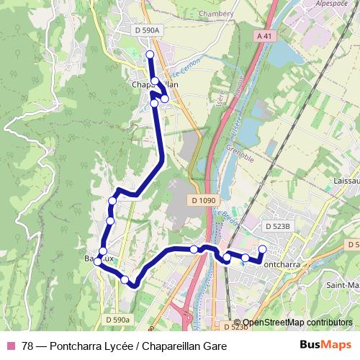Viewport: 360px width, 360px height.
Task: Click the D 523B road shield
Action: [277, 226]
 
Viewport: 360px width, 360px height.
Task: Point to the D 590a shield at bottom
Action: [118, 319]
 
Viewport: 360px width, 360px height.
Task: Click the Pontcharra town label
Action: [284, 264]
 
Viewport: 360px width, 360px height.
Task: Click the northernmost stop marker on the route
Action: [150, 55]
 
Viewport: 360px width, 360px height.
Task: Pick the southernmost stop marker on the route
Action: [125, 279]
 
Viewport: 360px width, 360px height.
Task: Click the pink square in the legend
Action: [10, 345]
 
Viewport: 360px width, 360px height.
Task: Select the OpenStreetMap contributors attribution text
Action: [297, 323]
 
